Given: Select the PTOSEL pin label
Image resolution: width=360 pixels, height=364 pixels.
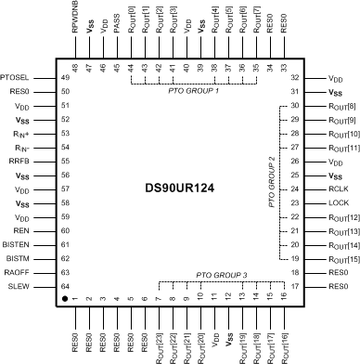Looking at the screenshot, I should pyautogui.click(x=16, y=78).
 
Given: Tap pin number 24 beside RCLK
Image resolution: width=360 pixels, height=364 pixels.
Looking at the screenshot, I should pyautogui.click(x=294, y=188).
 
